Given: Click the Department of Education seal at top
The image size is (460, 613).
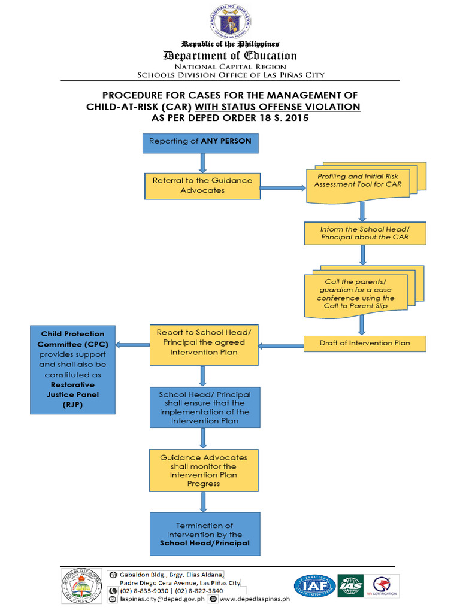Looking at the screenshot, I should click(x=230, y=22).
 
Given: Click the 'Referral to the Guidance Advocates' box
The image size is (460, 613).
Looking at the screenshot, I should click(x=202, y=186).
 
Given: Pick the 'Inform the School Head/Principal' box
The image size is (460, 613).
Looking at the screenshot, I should click(x=364, y=233).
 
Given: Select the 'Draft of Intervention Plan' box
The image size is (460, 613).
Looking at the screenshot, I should click(x=365, y=344).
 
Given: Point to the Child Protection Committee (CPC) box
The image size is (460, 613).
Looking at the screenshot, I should click(x=72, y=369).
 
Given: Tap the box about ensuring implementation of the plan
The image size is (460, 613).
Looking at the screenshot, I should click(x=205, y=408).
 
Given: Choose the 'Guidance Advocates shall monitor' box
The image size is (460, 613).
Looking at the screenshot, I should click(x=204, y=470).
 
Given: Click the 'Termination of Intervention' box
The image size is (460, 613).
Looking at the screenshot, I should click(x=205, y=534).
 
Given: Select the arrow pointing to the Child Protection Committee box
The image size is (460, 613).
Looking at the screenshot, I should click(x=132, y=345).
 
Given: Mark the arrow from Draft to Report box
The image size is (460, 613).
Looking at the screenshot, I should click(x=281, y=345).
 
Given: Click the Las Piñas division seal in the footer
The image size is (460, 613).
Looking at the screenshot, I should click(x=81, y=586).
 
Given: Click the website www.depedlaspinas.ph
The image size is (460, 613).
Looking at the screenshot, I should click(x=254, y=598).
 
